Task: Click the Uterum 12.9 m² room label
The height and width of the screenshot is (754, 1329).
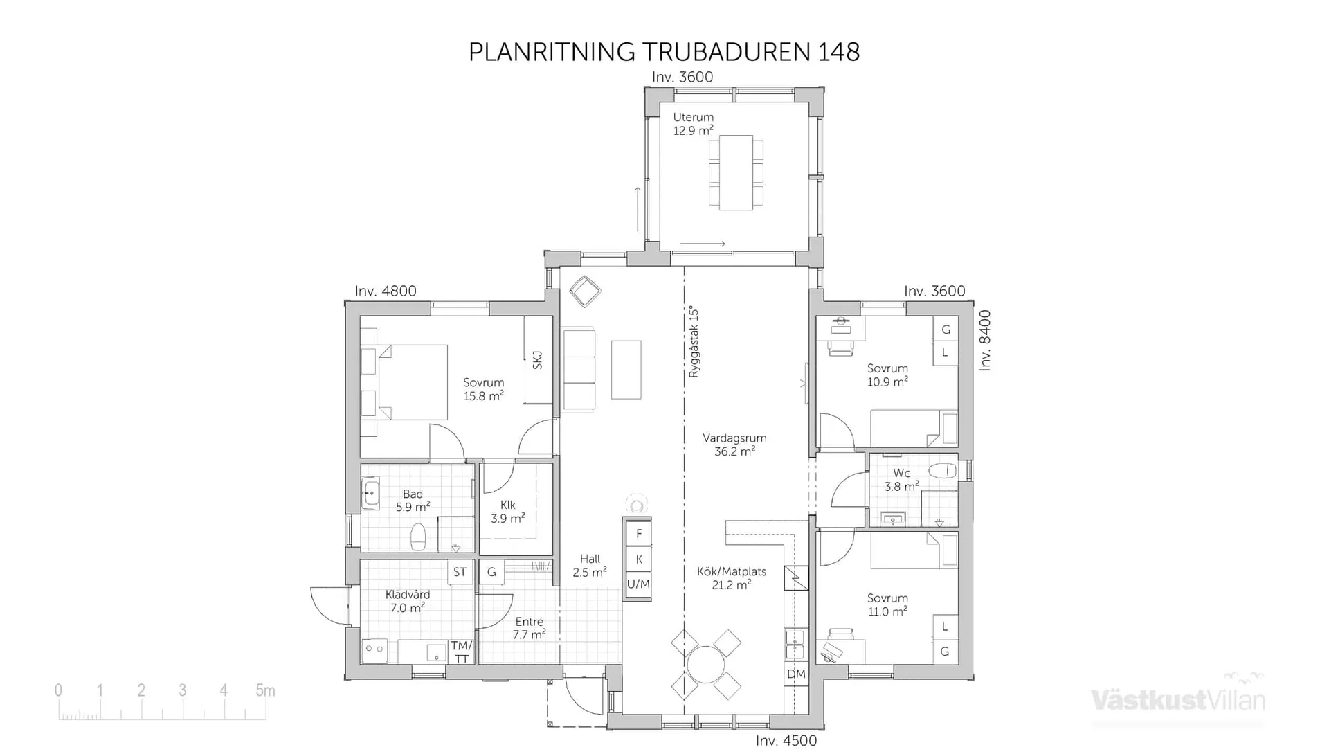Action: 693,124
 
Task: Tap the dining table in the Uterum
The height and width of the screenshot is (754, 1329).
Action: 735,172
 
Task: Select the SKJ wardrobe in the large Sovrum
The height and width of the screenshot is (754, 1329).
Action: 538,360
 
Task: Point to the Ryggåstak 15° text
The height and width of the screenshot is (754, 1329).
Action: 694,342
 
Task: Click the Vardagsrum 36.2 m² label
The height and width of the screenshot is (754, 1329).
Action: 734,445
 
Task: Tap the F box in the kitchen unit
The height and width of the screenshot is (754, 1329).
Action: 639,534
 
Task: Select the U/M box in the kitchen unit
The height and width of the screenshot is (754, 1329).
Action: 638,584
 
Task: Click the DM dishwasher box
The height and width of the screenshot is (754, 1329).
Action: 796,674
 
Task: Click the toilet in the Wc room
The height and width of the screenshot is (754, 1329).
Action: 942,472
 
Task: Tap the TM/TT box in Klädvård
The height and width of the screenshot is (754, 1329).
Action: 461,652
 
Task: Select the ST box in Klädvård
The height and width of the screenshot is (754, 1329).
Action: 460,573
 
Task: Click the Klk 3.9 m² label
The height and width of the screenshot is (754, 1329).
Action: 507,512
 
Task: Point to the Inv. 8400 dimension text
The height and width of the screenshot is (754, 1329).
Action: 985,341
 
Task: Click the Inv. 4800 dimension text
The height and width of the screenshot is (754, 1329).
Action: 386,291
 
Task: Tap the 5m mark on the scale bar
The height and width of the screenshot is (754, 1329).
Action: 265,690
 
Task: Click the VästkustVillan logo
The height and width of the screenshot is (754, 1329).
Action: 1177,699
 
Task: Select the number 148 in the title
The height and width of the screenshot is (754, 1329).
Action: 839,52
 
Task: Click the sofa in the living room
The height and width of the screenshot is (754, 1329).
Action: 579,370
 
